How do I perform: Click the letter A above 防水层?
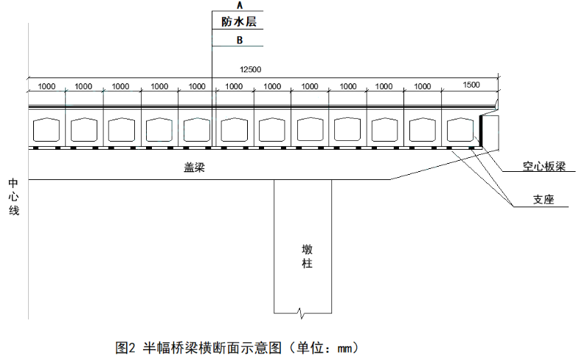pyautogui.click(x=239, y=5)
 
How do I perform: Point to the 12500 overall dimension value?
pyautogui.click(x=251, y=69)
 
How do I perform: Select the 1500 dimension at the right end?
pyautogui.click(x=471, y=86)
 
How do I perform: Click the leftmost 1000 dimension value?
pyautogui.click(x=46, y=86)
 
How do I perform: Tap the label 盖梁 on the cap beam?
pyautogui.click(x=194, y=168)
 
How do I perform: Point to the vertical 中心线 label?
pyautogui.click(x=14, y=196)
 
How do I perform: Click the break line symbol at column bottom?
pyautogui.click(x=301, y=312)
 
